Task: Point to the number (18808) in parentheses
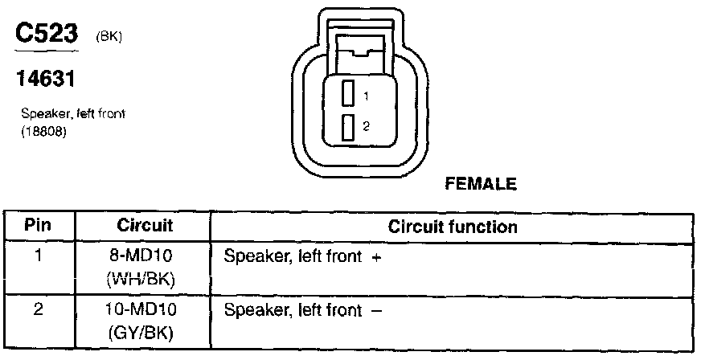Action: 43,129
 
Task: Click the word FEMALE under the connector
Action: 480,184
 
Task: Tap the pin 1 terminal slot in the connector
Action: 348,93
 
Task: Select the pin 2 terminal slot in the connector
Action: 348,127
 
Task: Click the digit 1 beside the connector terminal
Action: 366,96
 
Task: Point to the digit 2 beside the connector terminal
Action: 366,127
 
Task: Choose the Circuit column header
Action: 146,226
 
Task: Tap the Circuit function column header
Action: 453,227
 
